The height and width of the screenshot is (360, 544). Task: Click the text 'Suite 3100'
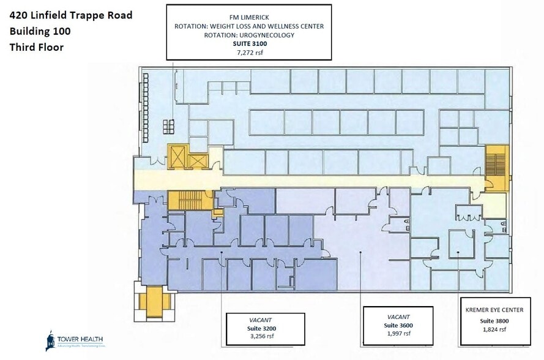pyautogui.click(x=249, y=44)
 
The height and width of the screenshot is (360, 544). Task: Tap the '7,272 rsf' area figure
pyautogui.click(x=249, y=53)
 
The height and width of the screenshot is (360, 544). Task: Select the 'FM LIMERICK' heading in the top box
pyautogui.click(x=249, y=17)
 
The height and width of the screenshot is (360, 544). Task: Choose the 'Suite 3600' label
pyautogui.click(x=401, y=324)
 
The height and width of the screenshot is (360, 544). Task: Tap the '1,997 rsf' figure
pyautogui.click(x=401, y=333)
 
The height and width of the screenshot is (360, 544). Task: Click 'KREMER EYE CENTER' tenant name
pyautogui.click(x=495, y=310)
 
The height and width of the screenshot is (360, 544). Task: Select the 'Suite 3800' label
pyautogui.click(x=495, y=321)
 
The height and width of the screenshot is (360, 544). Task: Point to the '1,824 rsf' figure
pyautogui.click(x=495, y=329)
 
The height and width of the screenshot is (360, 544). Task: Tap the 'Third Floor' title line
pyautogui.click(x=36, y=47)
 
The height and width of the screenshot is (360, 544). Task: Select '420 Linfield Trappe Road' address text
pyautogui.click(x=70, y=15)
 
